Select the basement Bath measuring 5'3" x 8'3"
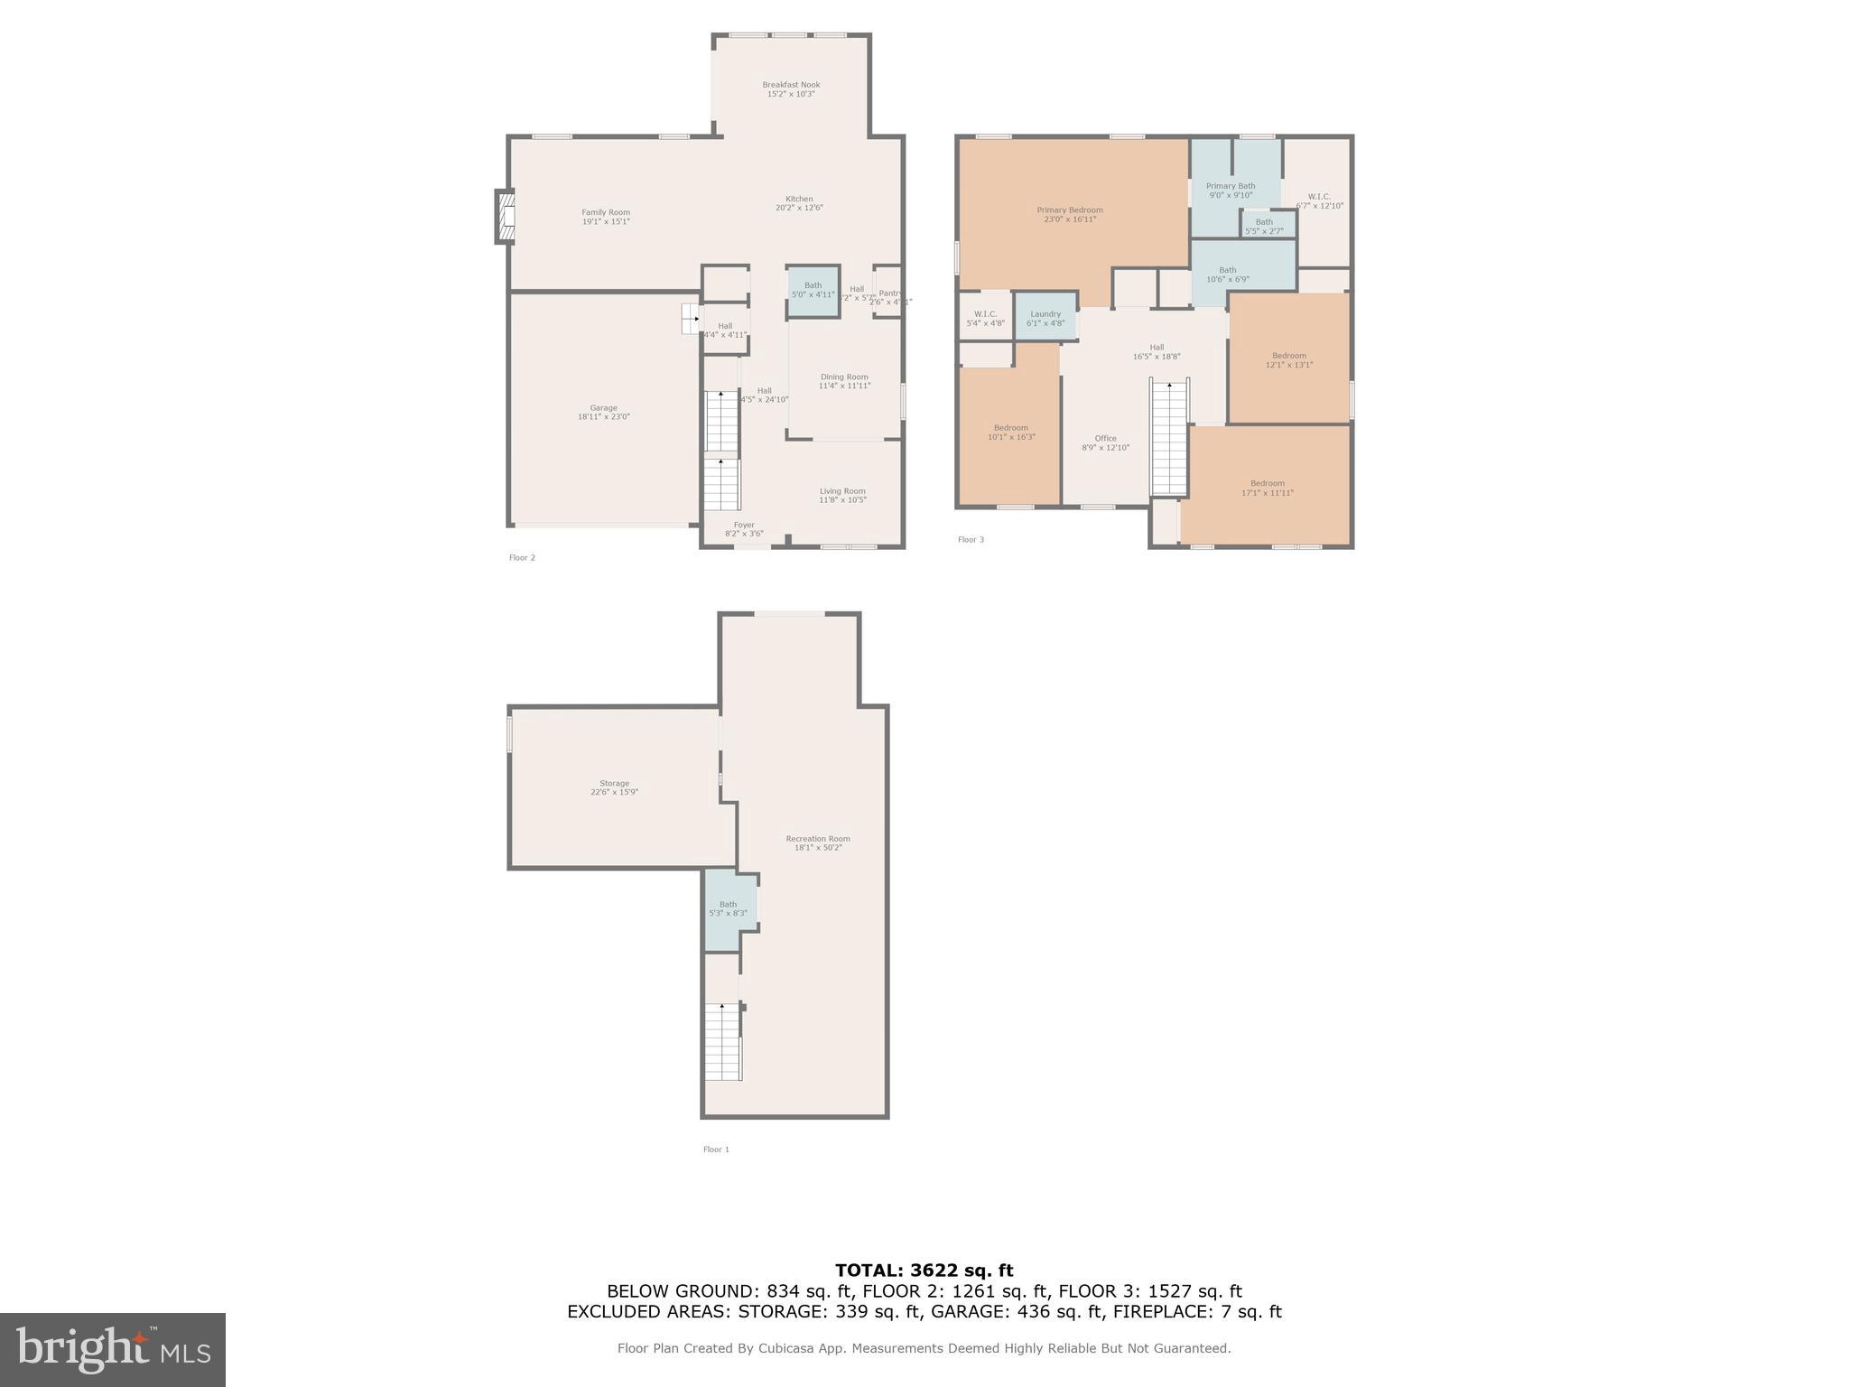click(x=728, y=908)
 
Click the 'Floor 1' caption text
click(x=716, y=1150)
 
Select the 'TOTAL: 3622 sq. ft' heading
click(x=924, y=1271)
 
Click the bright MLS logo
click(x=112, y=1349)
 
